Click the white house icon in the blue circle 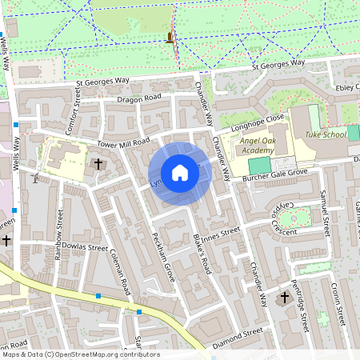179,172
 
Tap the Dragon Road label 140,98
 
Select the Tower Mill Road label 123,142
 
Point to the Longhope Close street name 258,120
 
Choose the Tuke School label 326,134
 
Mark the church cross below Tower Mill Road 98,164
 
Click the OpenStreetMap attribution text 80,354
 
